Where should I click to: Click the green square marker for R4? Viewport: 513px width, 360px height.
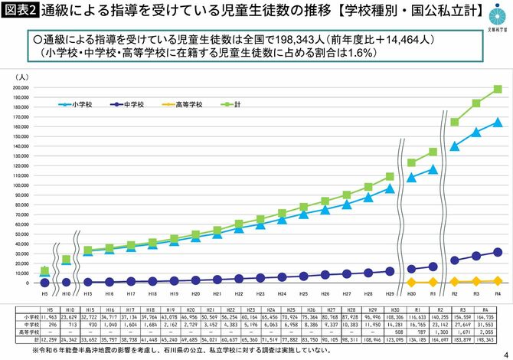click(x=497, y=89)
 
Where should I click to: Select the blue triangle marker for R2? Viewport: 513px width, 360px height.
click(x=454, y=146)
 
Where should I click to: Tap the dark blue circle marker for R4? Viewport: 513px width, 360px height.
click(x=497, y=252)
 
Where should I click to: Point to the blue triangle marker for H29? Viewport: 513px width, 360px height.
click(x=389, y=188)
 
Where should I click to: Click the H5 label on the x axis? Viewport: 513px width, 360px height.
click(x=44, y=293)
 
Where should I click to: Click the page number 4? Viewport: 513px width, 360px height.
click(x=505, y=352)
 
